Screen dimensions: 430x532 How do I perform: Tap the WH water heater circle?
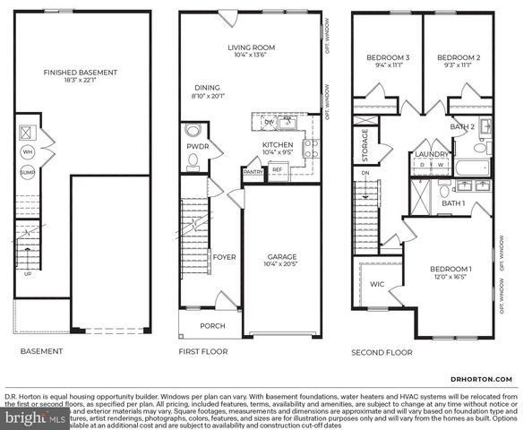point(27,151)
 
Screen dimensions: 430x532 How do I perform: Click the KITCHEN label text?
point(279,145)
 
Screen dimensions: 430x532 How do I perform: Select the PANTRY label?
point(253,170)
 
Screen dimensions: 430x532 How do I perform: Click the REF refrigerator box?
point(277,169)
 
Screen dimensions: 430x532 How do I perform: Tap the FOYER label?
point(224,257)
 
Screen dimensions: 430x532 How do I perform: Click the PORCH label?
point(212,325)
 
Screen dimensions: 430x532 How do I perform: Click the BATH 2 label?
point(462,126)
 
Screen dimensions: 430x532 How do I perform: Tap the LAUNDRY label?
point(432,154)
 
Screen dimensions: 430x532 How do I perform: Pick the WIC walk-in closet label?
point(377,284)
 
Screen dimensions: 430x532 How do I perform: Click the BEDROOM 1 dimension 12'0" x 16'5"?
point(450,278)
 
